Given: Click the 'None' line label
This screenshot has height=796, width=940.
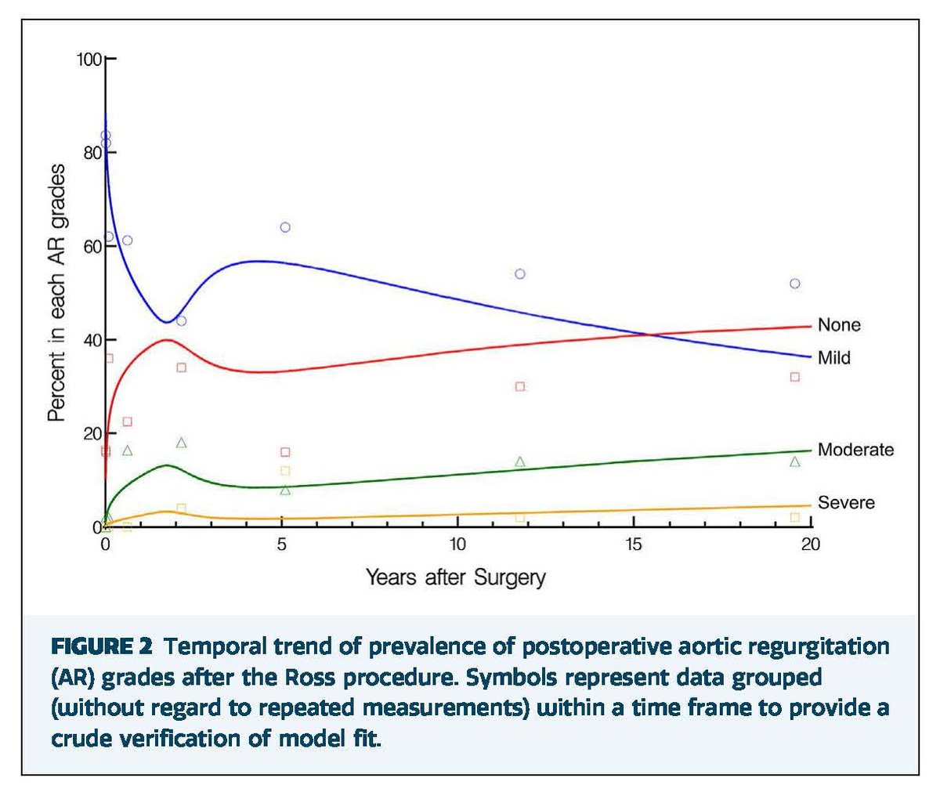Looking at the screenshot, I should pos(838,325).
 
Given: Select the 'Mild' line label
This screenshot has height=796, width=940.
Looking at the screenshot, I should pos(833,358).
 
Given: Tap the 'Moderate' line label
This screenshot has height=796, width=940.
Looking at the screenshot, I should pos(855,450).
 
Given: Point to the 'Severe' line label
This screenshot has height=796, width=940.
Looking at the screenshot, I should pos(846,502).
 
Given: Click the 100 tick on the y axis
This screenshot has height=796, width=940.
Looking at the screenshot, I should pos(91,60).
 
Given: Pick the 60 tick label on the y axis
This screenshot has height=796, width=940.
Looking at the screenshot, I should pos(93,246).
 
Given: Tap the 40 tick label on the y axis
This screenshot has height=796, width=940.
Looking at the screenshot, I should pos(93,340).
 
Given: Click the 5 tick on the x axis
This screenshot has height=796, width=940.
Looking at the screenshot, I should pos(282,544).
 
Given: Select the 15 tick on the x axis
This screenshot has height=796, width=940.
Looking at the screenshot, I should pos(634,544).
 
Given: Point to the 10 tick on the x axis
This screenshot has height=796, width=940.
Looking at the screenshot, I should pos(457,544).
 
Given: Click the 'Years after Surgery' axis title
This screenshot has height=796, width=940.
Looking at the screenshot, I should pos(455,578).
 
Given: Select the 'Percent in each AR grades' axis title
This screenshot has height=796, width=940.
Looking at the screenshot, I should pos(56,293).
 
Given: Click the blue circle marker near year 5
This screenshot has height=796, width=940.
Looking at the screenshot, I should pos(285,227).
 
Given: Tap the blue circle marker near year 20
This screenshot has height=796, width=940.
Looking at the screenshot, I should pos(795,284).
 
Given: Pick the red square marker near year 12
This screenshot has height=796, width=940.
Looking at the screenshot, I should pos(520,386).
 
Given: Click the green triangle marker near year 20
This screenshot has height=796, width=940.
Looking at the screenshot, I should pos(795,461).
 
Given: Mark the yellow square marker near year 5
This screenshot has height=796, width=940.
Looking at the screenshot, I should pos(285,471).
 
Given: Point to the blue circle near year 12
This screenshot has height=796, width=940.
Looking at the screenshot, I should pos(520,274).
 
